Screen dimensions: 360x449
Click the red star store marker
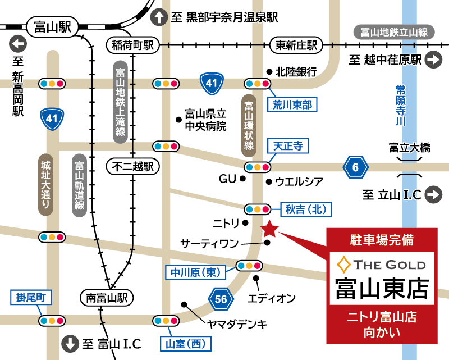pyautogui.click(x=270, y=229)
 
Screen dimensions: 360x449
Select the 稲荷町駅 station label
pyautogui.click(x=132, y=45)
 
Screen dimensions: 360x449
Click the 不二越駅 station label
pyautogui.click(x=133, y=166)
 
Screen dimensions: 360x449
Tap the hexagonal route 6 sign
pyautogui.click(x=356, y=167)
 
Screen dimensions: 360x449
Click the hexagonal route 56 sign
pyautogui.click(x=221, y=299)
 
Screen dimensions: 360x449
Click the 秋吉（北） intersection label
pyautogui.click(x=305, y=209)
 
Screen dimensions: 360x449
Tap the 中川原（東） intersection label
pyautogui.click(x=194, y=273)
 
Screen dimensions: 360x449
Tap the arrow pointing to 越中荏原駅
pyautogui.click(x=433, y=60)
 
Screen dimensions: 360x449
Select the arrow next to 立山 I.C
pyautogui.click(x=433, y=195)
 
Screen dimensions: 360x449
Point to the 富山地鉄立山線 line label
pyautogui.click(x=394, y=32)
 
